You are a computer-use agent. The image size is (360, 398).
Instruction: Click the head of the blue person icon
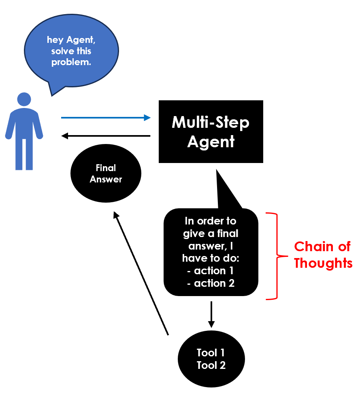24,100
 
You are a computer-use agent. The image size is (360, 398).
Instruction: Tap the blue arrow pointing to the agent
105,118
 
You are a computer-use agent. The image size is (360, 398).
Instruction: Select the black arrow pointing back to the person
105,136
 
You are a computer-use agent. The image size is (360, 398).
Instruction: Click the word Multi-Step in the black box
211,122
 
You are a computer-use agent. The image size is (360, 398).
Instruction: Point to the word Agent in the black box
211,142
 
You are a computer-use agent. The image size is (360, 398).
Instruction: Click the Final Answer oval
106,174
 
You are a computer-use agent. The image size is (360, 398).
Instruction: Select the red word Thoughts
323,263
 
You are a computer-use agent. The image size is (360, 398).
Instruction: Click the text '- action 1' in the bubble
211,271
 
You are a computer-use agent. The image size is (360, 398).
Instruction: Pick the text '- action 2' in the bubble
211,283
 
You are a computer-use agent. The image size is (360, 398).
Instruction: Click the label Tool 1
211,353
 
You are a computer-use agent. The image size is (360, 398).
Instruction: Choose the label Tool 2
211,365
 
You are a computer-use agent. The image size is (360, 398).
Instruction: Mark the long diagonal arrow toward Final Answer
142,273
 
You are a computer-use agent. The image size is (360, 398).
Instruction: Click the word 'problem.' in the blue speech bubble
71,63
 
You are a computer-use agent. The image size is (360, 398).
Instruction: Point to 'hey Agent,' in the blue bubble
71,40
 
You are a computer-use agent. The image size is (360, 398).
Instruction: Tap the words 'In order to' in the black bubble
211,221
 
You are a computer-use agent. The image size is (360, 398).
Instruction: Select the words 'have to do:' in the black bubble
211,258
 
